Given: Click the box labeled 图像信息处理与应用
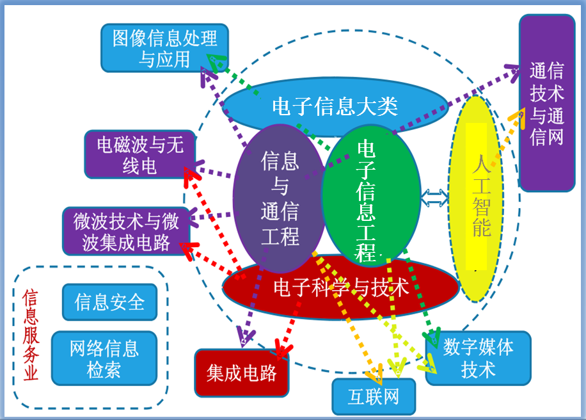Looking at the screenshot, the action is (x=165, y=48).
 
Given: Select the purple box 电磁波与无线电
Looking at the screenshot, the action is (x=140, y=154).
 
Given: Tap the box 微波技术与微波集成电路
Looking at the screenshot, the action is (x=126, y=231).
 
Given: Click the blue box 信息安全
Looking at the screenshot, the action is (x=109, y=302).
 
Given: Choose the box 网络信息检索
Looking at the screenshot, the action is (x=104, y=359).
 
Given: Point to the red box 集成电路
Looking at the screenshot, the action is (x=241, y=373).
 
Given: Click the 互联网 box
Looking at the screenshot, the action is (x=374, y=397).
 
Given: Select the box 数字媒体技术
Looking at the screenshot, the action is (x=479, y=358).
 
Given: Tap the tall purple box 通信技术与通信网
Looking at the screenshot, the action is (x=547, y=103).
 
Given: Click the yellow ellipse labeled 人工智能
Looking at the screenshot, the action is (x=476, y=198).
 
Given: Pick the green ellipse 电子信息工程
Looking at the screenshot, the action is (x=371, y=196).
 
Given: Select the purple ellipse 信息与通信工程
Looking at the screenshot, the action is (x=280, y=198).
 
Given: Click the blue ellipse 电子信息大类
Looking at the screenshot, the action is (x=335, y=106).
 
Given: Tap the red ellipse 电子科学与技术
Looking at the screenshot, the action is (x=340, y=287).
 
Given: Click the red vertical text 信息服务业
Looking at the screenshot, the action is (x=31, y=334).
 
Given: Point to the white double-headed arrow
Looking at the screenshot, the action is (x=434, y=198).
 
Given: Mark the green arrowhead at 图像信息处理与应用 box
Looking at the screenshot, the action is (x=216, y=62).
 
